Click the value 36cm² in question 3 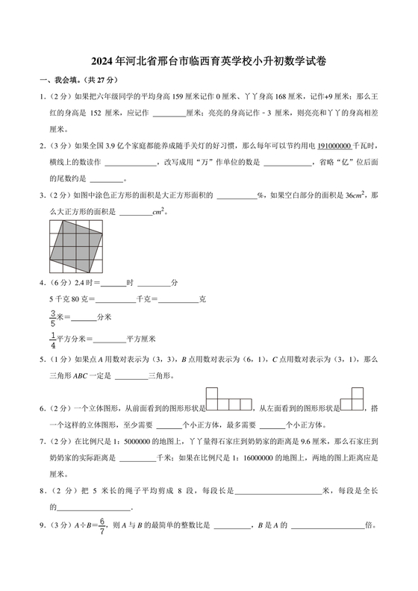356,196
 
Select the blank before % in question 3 236,196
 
